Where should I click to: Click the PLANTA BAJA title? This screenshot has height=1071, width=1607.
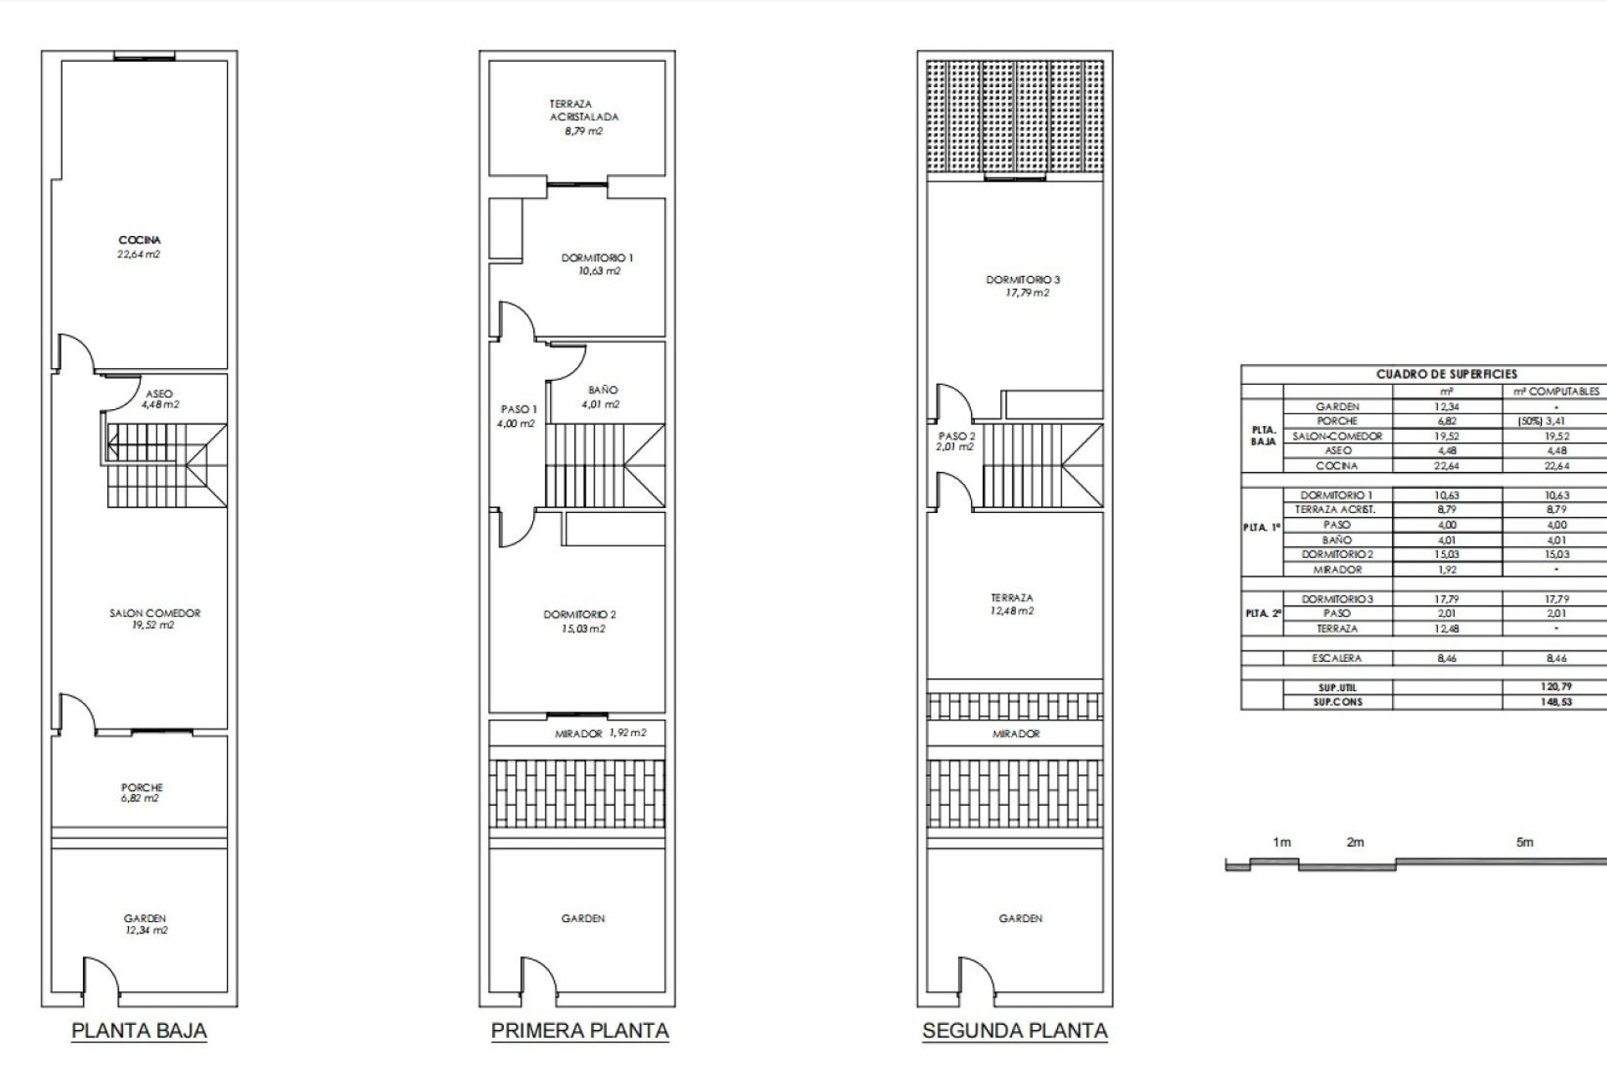click(139, 1030)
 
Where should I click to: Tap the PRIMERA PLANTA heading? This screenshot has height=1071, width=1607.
click(579, 1030)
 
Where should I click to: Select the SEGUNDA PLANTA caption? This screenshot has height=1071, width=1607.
click(1014, 1030)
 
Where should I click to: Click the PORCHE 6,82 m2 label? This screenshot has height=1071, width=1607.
click(141, 792)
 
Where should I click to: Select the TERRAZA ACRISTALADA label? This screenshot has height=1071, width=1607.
click(583, 117)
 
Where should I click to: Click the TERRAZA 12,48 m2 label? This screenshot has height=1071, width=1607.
click(1012, 604)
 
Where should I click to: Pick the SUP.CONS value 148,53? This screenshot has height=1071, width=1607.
click(1556, 702)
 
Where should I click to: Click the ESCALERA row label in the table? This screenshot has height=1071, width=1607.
click(1337, 658)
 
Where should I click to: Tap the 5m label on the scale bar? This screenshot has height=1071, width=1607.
click(1525, 843)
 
